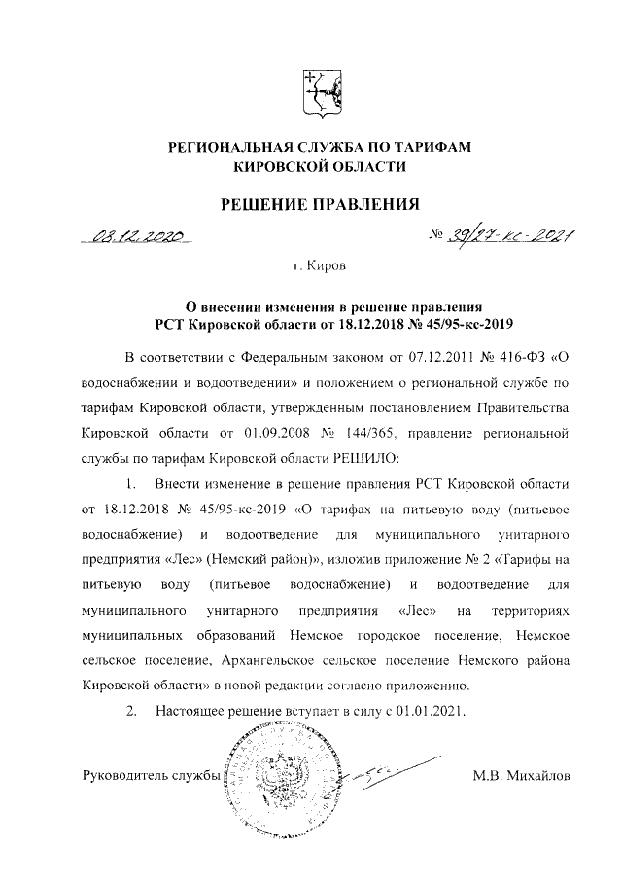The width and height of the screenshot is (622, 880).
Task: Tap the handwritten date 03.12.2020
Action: coord(138,236)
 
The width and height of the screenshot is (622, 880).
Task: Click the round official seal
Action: coord(275,778)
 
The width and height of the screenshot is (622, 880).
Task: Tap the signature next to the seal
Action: coord(374,771)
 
